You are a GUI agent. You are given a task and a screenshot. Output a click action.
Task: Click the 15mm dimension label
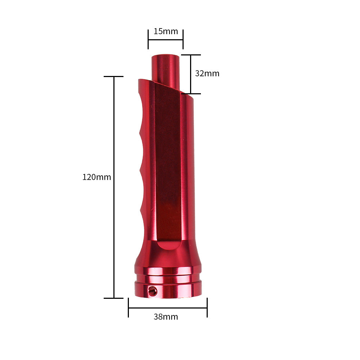coord(166,31)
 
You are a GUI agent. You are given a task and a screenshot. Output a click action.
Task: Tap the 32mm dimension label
coord(207,73)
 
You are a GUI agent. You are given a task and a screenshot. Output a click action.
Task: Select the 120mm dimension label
coord(96,177)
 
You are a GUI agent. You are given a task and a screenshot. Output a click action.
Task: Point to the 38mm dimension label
coord(166,317)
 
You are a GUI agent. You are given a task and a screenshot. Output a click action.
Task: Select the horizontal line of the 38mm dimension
coord(167,308)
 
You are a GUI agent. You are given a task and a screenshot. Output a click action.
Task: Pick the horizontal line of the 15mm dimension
coord(165,40)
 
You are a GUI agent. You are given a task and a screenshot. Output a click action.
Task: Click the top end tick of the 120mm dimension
coord(114,76)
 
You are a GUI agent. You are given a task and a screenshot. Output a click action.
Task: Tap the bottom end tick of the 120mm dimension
coord(114,298)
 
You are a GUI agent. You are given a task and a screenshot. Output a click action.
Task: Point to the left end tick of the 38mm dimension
coord(129,308)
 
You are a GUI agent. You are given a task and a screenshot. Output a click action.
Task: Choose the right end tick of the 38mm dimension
coord(207,308)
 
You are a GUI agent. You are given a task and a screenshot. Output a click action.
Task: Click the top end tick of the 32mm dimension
coord(190,55)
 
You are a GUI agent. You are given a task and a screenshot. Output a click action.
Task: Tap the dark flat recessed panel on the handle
coord(167,162)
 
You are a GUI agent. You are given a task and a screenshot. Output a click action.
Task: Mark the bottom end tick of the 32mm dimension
coord(190,94)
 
